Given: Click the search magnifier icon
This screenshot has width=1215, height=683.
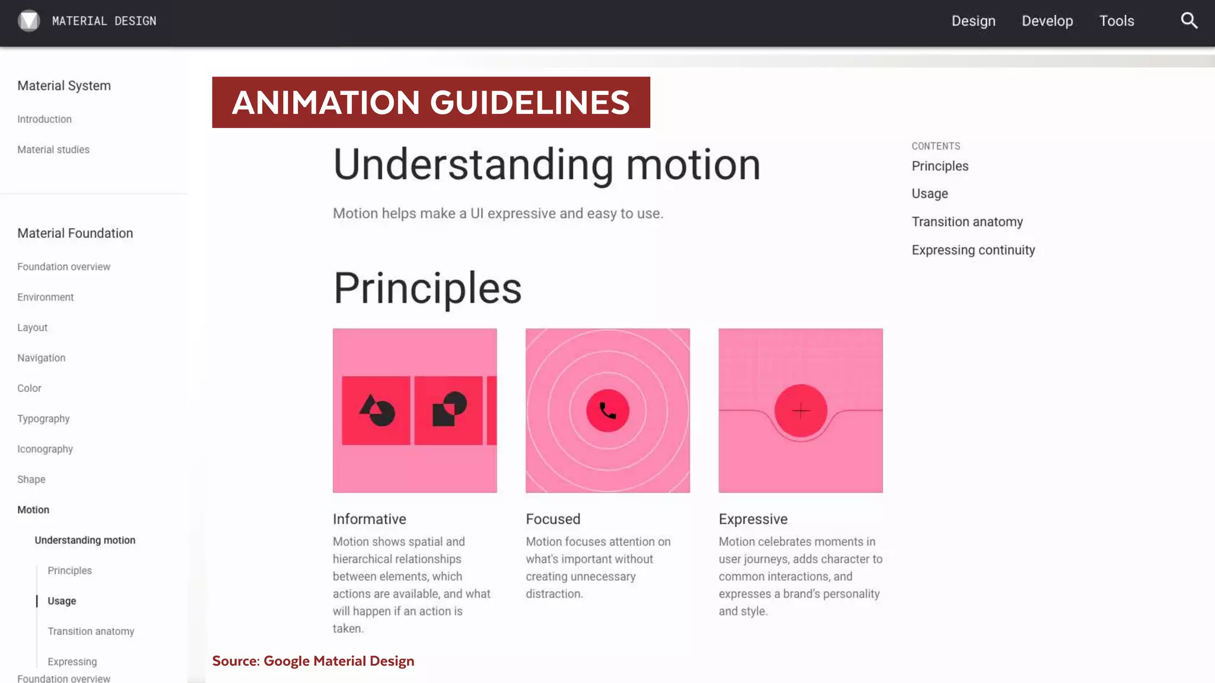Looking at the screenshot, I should pos(1189,21).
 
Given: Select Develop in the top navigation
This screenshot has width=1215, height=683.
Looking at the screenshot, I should pos(1047,21).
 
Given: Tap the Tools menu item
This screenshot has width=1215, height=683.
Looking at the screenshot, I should pos(1117,21).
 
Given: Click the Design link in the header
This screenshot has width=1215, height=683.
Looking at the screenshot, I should pos(974,21).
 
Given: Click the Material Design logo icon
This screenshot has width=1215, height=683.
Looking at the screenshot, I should pos(28,21).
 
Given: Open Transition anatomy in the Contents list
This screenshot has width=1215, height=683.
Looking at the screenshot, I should pos(967,222).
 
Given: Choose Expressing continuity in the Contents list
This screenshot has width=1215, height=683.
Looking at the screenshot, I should pos(973,250).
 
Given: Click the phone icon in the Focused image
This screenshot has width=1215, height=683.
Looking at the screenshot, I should pos(607,410).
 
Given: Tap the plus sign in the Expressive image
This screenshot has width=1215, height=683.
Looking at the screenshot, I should pos(801,410).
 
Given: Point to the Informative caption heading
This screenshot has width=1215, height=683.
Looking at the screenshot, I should pos(369,519).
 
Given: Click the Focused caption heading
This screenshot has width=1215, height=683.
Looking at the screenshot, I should pos(553,519).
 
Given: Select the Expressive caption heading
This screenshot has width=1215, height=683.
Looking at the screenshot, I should pos(753,519).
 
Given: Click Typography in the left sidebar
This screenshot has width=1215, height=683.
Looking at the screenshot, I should pos(43,419).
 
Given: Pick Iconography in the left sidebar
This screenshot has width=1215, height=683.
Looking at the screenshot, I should pos(45,449).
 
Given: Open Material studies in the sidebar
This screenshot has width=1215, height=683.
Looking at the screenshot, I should pos(53,149).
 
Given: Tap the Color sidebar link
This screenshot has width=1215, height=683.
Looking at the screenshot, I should pos(29,388).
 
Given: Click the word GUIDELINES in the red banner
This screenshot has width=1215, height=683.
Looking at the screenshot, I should pos(529,102).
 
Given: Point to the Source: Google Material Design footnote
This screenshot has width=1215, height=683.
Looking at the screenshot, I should pos(313,661).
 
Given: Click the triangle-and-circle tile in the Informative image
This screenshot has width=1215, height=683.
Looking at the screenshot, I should pos(376,410).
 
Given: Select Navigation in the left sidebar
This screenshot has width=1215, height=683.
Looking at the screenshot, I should pos(42,358).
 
